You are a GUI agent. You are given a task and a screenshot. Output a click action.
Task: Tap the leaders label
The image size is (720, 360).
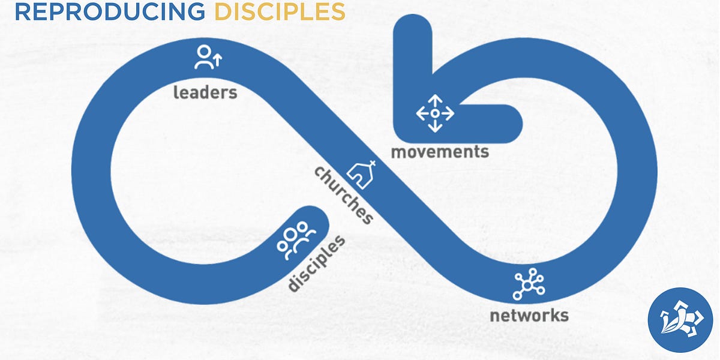tap(205, 92)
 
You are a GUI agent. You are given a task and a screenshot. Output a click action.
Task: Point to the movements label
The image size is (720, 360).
tap(440, 151)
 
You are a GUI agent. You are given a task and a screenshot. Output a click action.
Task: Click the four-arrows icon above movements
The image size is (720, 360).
tap(435, 113)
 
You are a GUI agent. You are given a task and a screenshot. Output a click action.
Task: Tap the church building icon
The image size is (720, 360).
tap(363, 175)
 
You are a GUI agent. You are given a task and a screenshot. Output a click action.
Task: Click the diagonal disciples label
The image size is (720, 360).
tap(316, 263)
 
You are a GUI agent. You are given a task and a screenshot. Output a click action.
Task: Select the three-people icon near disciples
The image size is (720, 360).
tap(293, 239)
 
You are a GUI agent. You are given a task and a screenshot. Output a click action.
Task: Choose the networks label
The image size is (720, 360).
tap(528, 315)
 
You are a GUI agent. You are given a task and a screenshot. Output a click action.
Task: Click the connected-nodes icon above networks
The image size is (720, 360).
tap(529, 286)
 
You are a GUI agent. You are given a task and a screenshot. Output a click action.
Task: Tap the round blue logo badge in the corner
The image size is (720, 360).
tap(680, 320)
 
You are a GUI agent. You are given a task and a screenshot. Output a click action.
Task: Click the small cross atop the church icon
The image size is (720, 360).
tap(372, 164)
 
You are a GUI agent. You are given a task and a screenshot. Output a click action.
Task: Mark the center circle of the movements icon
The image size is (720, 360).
tap(435, 113)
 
